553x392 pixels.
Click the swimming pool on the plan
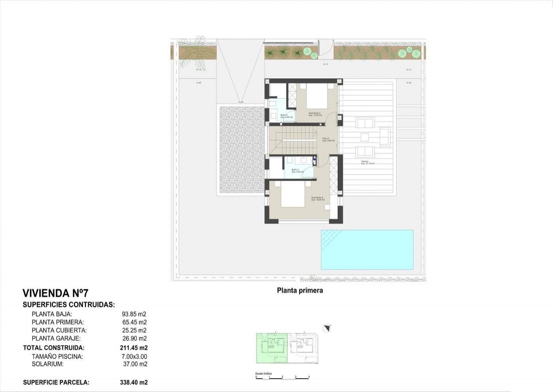(x=367, y=250)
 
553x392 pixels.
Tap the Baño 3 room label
(x=287, y=116)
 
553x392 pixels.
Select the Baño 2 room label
(x=297, y=171)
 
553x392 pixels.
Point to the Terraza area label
(x=367, y=162)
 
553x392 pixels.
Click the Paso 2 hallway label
(x=328, y=140)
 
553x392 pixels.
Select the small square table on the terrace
(x=365, y=137)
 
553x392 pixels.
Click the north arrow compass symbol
(x=327, y=328)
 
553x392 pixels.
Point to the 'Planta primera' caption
(x=300, y=290)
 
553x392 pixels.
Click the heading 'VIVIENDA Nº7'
(x=55, y=293)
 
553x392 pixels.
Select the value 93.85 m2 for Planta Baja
(x=134, y=314)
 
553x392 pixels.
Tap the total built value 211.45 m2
(x=134, y=348)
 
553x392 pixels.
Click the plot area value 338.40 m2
(x=134, y=382)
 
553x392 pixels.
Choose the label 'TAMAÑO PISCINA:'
(x=57, y=356)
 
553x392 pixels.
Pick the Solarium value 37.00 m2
(x=135, y=364)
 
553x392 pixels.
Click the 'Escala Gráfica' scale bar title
(x=263, y=373)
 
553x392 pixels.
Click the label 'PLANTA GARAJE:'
(x=56, y=338)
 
